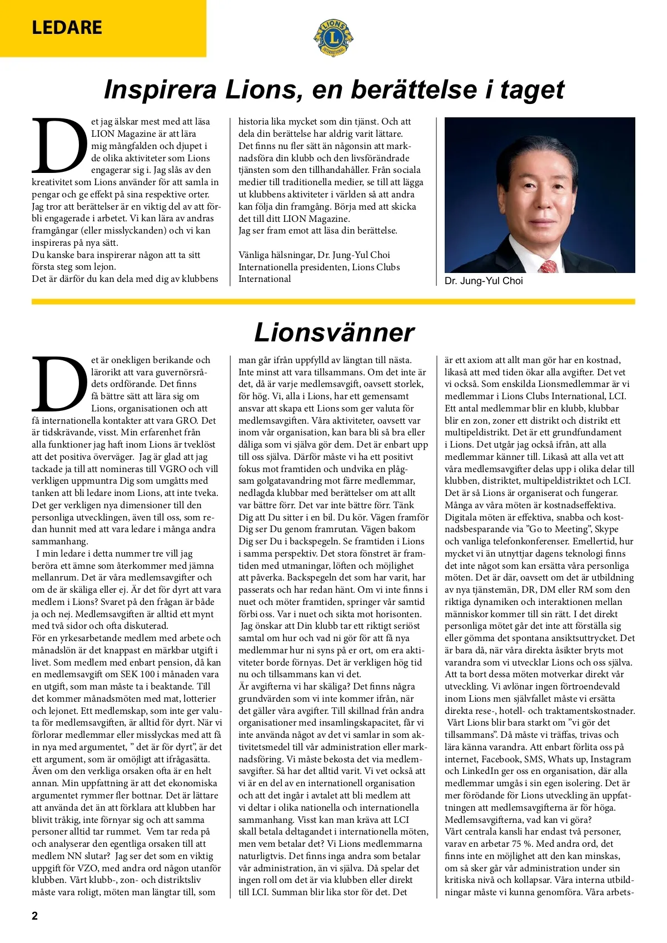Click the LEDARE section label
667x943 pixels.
coord(67,27)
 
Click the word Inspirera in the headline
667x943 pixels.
coord(160,90)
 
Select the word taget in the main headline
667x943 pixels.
coord(532,90)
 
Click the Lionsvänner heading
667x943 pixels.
coord(334,332)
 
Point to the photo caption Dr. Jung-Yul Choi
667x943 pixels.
coord(484,281)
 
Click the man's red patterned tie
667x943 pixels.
coord(548,266)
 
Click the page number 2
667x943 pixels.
coord(35,916)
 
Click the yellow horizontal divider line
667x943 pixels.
coord(333,302)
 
